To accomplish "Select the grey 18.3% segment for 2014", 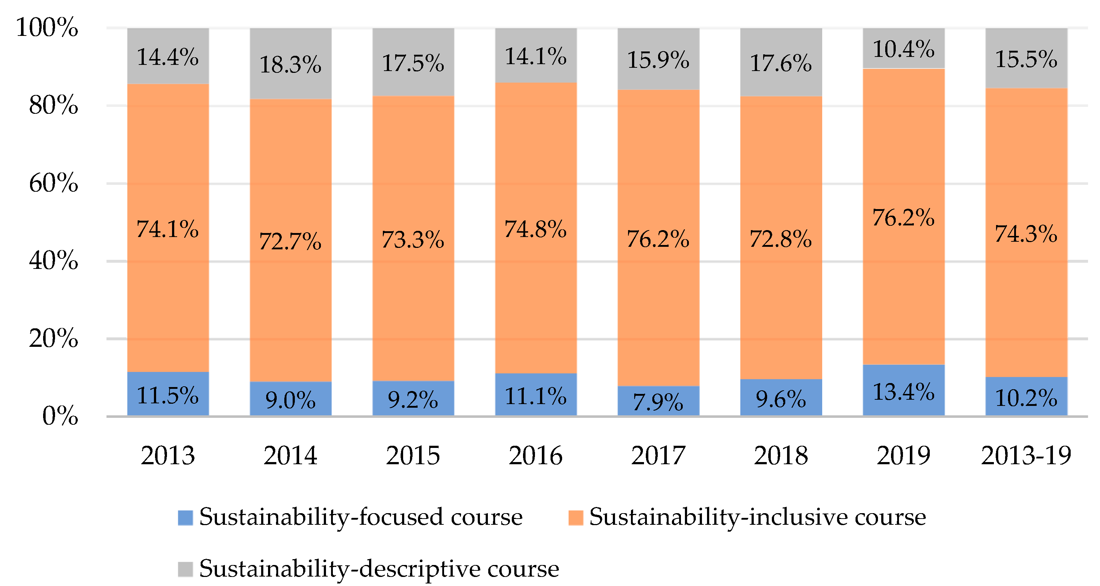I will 290,64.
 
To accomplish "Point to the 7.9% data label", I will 658,402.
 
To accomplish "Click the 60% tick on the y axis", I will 53,183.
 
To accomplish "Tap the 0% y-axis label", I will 60,416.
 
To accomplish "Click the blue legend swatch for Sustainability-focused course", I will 185,518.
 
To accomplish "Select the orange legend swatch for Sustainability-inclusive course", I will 576,518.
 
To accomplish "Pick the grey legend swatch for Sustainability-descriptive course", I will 185,569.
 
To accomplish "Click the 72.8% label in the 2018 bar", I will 781,239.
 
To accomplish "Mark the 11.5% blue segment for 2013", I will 168,394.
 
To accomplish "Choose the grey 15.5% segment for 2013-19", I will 1026,58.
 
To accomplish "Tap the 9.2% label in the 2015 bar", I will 413,399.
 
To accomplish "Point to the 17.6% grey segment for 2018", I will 781,63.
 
